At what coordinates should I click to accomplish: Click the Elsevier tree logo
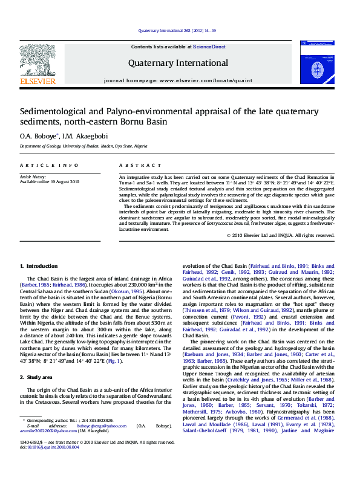pos(38,59)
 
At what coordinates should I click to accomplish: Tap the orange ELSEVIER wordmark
pos(38,81)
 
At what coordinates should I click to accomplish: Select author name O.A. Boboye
pos(38,136)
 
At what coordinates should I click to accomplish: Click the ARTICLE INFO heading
pos(48,165)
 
